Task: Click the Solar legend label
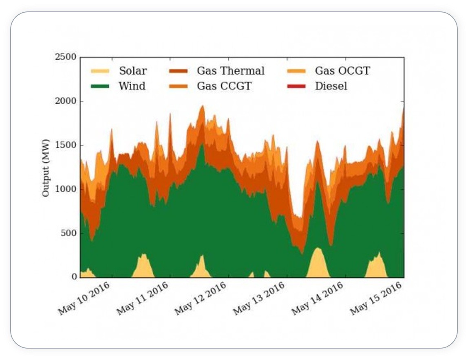pyautogui.click(x=132, y=71)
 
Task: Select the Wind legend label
pyautogui.click(x=132, y=86)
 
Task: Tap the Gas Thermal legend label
pyautogui.click(x=230, y=71)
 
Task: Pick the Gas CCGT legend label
pyautogui.click(x=224, y=86)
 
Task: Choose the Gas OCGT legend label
pyautogui.click(x=342, y=71)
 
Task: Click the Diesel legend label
pyautogui.click(x=331, y=86)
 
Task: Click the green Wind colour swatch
pyautogui.click(x=99, y=86)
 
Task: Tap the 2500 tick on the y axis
pyautogui.click(x=65, y=57)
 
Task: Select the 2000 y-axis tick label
pyautogui.click(x=65, y=101)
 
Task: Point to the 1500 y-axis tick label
pyautogui.click(x=65, y=145)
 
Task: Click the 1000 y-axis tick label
pyautogui.click(x=65, y=189)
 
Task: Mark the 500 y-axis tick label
pyautogui.click(x=68, y=233)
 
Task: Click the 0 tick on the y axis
pyautogui.click(x=74, y=277)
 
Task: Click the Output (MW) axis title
pyautogui.click(x=46, y=168)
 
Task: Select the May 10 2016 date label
pyautogui.click(x=84, y=298)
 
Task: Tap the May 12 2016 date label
pyautogui.click(x=201, y=298)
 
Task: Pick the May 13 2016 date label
pyautogui.click(x=259, y=298)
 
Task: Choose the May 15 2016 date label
pyautogui.click(x=376, y=298)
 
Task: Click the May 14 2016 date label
pyautogui.click(x=318, y=298)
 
